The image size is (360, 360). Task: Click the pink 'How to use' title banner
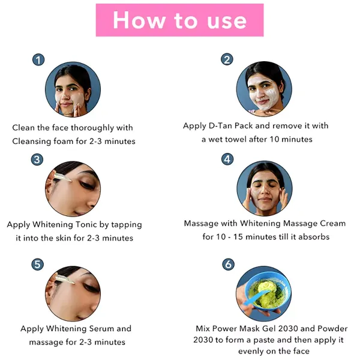(179, 20)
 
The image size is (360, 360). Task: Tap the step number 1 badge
(38, 60)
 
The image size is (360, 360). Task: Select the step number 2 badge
(227, 59)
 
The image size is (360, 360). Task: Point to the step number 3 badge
(38, 160)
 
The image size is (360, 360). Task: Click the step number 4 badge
(227, 159)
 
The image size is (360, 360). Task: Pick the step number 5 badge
(38, 264)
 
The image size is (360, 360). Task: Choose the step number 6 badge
(227, 265)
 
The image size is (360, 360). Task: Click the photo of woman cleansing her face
(73, 91)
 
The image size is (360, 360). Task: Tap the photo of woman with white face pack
(264, 88)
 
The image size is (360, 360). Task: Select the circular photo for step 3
(73, 188)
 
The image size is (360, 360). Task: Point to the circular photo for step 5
(73, 293)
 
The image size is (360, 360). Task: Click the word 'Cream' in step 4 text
(332, 224)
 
